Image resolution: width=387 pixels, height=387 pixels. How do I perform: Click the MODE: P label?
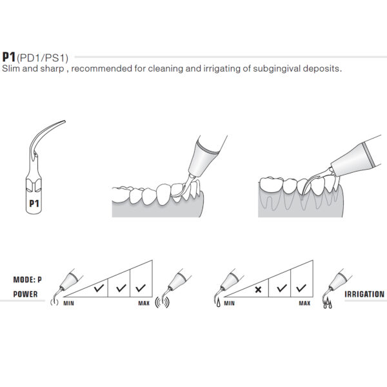coord(28,279)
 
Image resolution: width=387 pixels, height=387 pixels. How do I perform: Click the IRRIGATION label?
coord(365,293)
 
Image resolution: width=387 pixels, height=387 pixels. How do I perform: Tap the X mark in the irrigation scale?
coord(258,289)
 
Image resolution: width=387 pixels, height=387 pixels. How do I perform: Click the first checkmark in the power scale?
coord(99,288)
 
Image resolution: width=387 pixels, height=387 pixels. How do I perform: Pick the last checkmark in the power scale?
coord(141,288)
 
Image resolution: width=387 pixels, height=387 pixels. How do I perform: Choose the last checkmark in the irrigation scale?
coord(299,288)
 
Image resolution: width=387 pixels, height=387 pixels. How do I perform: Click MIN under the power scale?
coord(68,302)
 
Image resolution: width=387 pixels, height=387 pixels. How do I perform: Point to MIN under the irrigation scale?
coord(228,302)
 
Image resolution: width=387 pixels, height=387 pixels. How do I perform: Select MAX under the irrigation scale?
coord(303,302)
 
